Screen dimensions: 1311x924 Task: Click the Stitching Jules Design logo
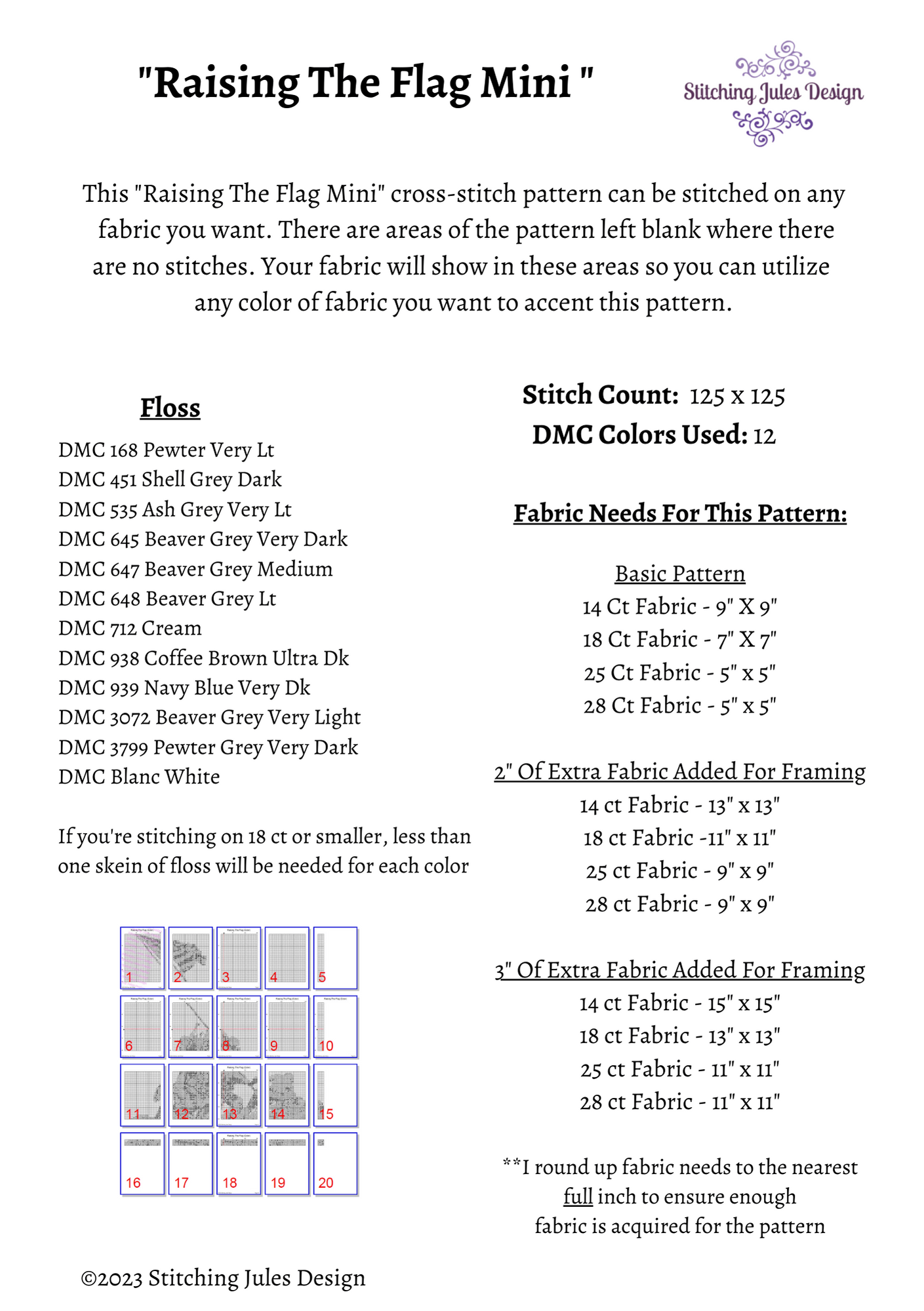pos(773,93)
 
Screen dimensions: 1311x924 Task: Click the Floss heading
pos(170,408)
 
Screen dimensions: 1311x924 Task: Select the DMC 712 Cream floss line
pos(130,628)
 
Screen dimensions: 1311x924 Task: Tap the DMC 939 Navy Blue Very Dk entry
pos(184,688)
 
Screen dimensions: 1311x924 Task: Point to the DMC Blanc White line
pos(139,777)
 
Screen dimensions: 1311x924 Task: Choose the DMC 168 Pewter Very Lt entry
pos(166,450)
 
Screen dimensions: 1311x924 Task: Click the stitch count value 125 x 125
pos(737,396)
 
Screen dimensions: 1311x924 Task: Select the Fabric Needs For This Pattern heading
pos(680,513)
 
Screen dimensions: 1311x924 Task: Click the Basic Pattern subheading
pos(680,574)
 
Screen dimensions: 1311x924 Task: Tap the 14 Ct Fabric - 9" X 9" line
pos(680,606)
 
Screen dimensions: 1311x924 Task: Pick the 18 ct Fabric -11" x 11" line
pos(680,838)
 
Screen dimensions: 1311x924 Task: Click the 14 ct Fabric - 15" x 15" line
pos(680,1003)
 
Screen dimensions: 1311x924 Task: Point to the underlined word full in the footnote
pos(578,1197)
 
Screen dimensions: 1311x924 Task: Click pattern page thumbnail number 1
pos(142,958)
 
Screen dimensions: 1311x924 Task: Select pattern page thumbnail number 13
pos(239,1095)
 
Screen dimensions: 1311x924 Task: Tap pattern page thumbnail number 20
pos(335,1164)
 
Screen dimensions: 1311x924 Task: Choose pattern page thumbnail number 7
pos(191,1027)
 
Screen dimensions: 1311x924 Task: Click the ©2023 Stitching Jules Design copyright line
pos(223,1278)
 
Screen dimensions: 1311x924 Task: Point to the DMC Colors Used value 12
pos(764,436)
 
